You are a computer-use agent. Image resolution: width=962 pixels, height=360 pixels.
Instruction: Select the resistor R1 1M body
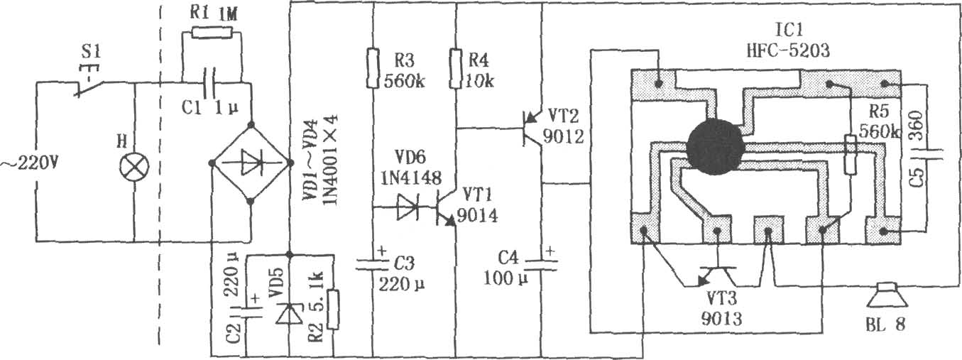coord(212,33)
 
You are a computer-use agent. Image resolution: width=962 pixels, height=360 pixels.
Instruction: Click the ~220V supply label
coord(29,163)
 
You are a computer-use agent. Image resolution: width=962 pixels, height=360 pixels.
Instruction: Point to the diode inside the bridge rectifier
coord(251,163)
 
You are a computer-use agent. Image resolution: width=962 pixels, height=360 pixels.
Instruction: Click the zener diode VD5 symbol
coord(289,314)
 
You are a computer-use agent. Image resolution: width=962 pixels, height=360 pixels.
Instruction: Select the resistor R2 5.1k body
coord(333,310)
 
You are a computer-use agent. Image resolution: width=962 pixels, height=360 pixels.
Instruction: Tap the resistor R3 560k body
coord(373,68)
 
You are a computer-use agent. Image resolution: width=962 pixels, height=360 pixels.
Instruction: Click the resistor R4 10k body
coord(456,68)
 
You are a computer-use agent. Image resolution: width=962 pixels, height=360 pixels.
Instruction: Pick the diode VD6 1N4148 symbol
coord(408,207)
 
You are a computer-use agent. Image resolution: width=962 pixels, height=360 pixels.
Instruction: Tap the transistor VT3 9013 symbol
coord(716,277)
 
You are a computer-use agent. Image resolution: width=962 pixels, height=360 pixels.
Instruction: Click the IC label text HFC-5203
coord(788,51)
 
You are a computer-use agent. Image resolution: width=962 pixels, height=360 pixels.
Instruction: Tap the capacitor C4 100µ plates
coord(542,264)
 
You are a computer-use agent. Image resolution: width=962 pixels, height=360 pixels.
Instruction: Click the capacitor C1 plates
coord(210,82)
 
